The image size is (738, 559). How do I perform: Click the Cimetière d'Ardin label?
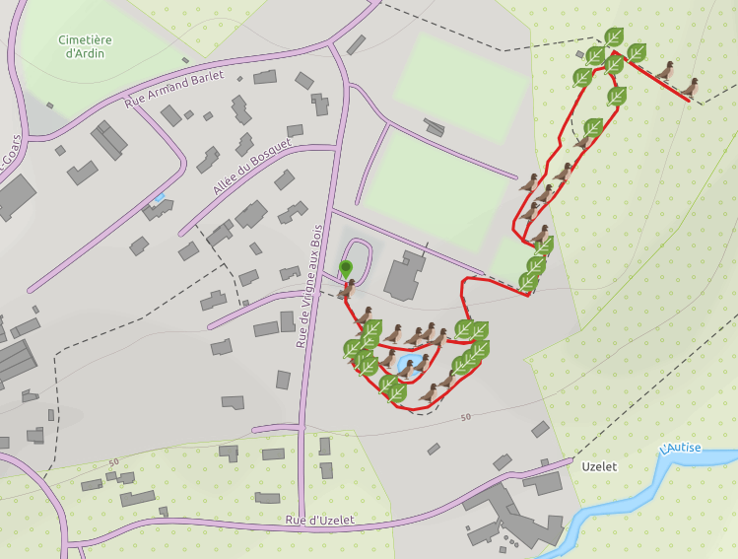tap(84, 46)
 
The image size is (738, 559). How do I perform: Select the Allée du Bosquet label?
tap(252, 167)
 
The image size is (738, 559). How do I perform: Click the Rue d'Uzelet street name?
tap(319, 520)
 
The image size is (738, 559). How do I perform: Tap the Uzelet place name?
tap(598, 466)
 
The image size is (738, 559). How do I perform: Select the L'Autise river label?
tap(682, 448)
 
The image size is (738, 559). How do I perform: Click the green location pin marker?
tap(346, 267)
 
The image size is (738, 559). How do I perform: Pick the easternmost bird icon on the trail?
tap(689, 88)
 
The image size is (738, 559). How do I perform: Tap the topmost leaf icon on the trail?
tap(614, 37)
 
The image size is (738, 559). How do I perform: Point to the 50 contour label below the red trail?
tap(465, 418)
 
